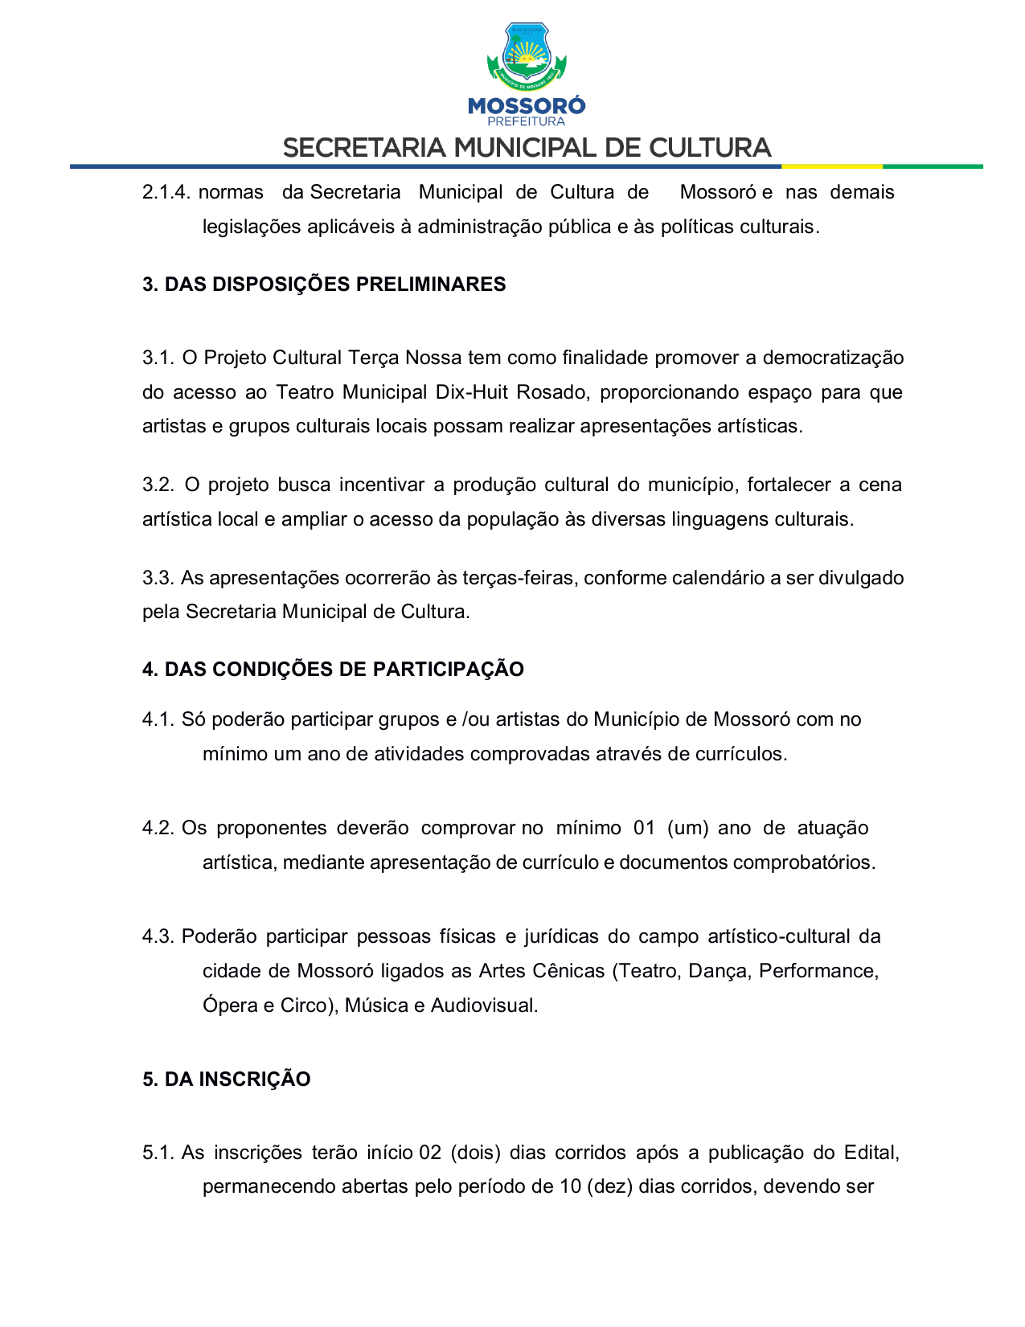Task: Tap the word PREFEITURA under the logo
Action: (x=527, y=121)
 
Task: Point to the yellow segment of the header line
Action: (x=831, y=166)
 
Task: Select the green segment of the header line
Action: (x=933, y=166)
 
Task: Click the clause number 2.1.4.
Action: (x=166, y=192)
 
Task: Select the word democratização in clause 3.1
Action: (x=833, y=358)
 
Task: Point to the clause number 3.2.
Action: (x=158, y=485)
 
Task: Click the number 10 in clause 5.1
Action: (x=570, y=1187)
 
